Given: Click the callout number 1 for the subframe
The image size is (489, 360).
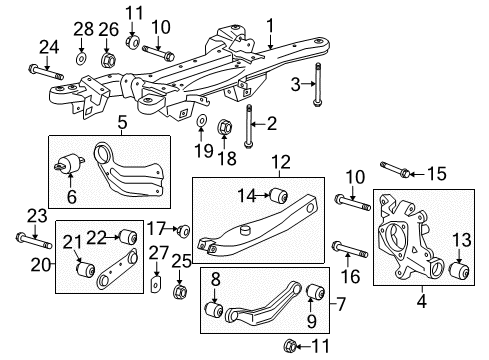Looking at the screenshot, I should pyautogui.click(x=268, y=22).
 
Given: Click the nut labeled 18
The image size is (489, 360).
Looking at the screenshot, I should pyautogui.click(x=225, y=128).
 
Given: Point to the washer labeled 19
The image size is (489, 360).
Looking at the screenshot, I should pyautogui.click(x=202, y=124).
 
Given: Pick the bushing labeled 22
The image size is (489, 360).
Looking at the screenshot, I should pyautogui.click(x=127, y=237).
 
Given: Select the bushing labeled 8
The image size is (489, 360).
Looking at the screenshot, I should pyautogui.click(x=211, y=308).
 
